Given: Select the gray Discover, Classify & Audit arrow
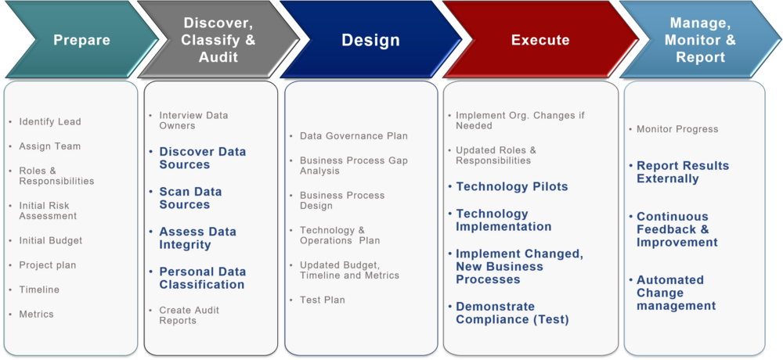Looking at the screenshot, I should point(218,40).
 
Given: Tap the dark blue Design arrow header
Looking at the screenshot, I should point(370,40).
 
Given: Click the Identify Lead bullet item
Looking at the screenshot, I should point(50,122).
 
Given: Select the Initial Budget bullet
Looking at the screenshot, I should point(50,241).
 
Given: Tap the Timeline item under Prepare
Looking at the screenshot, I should point(39,290).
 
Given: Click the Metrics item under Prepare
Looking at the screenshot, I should point(37,315).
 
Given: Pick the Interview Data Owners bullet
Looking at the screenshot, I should point(193,121).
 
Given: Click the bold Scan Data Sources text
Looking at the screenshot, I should point(190,198).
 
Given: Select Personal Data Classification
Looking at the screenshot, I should point(202,278).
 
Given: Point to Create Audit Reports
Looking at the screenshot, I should point(189,315).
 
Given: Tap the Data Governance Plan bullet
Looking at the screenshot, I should point(353,136).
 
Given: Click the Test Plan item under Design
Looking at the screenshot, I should point(322,301).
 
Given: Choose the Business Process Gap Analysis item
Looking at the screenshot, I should point(353,166).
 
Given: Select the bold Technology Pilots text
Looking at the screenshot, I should point(511,187).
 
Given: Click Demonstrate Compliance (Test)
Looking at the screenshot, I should point(512,313).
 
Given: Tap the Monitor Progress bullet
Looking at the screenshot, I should point(677,130).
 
